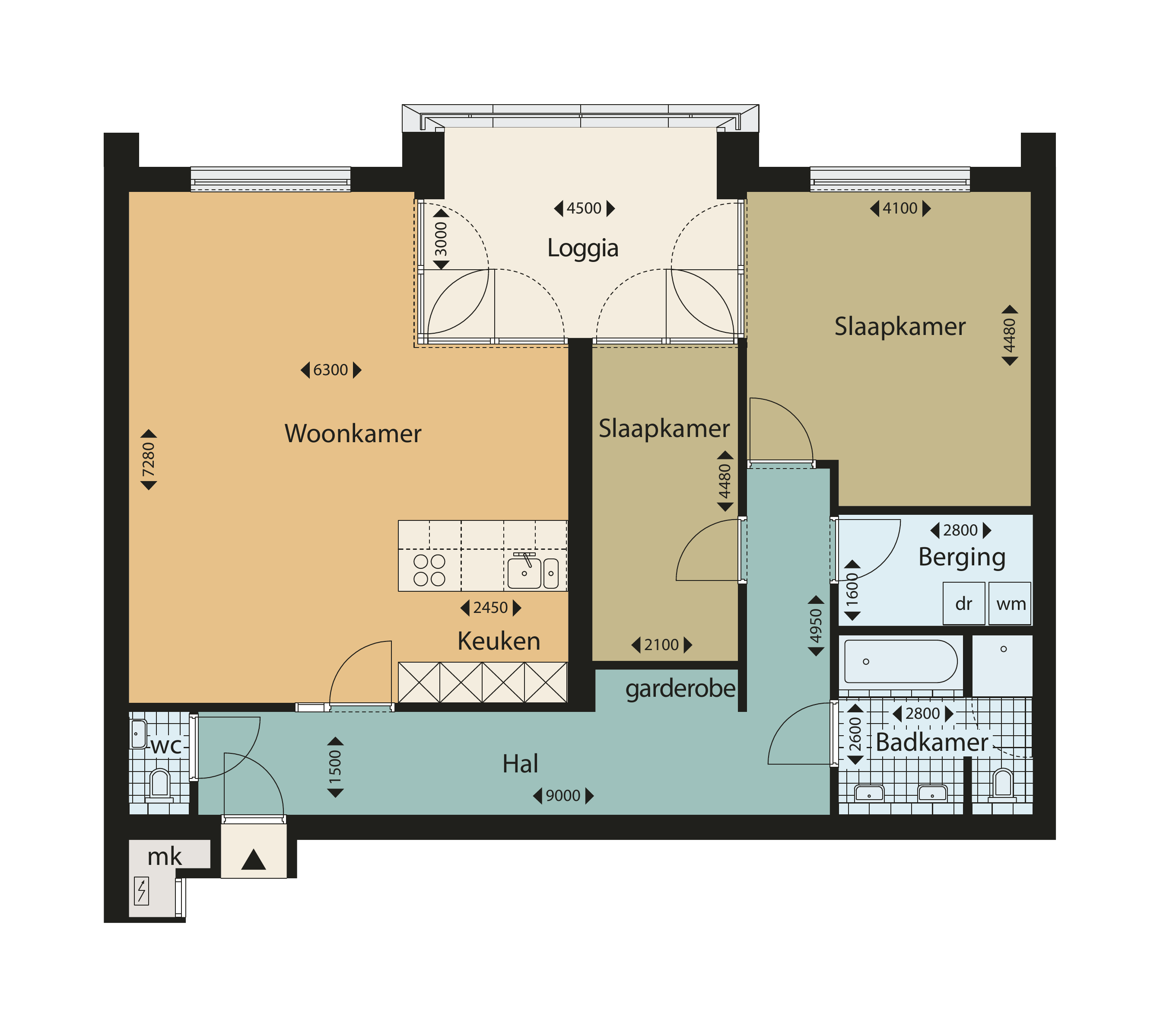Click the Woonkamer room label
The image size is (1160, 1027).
(x=353, y=434)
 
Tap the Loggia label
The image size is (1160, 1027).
(x=582, y=249)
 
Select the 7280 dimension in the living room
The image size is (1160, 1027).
(x=149, y=460)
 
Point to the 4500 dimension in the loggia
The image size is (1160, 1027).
(x=584, y=208)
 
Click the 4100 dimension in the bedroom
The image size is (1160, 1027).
(x=900, y=208)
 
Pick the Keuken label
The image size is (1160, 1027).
(x=499, y=641)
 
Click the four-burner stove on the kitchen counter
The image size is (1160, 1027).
(x=429, y=570)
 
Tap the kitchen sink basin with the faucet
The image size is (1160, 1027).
(x=524, y=573)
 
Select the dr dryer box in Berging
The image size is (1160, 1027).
(x=963, y=603)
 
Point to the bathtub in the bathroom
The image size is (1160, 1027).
(x=901, y=661)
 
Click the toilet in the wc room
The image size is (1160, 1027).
(x=160, y=785)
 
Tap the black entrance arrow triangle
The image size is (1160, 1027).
(x=254, y=860)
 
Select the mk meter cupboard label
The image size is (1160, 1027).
(x=165, y=857)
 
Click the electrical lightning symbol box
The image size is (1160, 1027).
(x=141, y=891)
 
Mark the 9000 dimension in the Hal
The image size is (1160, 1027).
(x=563, y=796)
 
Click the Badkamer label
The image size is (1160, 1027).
(x=932, y=743)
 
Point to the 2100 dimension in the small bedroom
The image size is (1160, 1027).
(x=662, y=645)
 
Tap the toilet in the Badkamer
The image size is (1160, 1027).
(x=1003, y=785)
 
